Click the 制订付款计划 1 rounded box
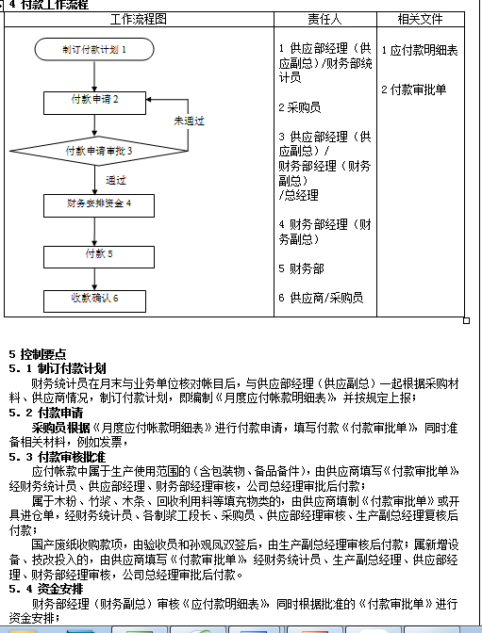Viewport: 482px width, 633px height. coord(94,48)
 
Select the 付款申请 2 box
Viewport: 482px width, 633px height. coord(94,99)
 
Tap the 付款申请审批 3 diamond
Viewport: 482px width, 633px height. coord(98,151)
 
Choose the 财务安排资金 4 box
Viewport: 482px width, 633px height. coord(98,203)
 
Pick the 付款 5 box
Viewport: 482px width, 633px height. coord(98,254)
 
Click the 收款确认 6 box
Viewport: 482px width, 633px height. coord(94,300)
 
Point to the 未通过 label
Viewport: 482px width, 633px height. coord(189,121)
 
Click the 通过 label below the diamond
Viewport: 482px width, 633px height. coord(116,180)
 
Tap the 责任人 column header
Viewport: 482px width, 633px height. coord(324,19)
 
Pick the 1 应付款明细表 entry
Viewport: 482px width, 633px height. coord(420,51)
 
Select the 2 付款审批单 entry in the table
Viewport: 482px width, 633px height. coord(414,90)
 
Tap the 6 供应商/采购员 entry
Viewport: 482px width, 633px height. coord(321,299)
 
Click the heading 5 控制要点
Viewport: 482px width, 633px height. coord(38,354)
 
